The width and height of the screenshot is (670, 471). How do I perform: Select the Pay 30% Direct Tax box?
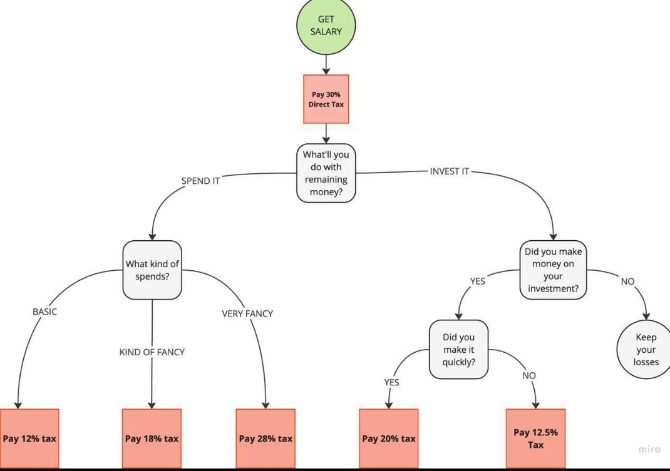point(326,99)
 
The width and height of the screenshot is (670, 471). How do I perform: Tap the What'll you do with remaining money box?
point(326,173)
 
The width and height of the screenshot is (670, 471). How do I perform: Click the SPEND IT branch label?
point(200,181)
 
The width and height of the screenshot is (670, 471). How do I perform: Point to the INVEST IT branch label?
point(450,171)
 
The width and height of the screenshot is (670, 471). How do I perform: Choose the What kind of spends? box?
point(152,270)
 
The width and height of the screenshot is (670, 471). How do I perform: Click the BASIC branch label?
point(44,311)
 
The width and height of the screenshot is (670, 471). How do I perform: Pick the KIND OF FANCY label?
point(152,352)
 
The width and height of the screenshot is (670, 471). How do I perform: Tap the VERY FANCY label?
point(247,314)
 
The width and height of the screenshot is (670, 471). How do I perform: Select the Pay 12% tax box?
point(29,438)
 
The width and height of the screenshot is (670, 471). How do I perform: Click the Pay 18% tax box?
point(152,438)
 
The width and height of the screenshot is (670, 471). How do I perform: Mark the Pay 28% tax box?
point(265,438)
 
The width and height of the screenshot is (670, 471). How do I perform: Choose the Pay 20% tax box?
point(389,438)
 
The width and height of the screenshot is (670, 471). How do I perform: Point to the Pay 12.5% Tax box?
point(536,438)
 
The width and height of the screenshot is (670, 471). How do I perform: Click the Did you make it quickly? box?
point(458,349)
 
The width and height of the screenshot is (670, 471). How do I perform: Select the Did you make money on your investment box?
point(553,270)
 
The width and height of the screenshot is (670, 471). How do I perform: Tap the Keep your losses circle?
point(644,349)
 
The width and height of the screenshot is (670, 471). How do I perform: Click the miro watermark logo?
point(649,449)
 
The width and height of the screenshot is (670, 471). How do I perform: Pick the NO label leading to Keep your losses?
point(627,281)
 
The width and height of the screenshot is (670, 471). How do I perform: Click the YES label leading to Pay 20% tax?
point(391,382)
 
